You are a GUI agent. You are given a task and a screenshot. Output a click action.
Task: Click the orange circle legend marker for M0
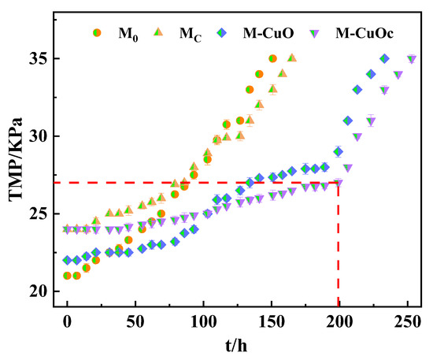coord(98,32)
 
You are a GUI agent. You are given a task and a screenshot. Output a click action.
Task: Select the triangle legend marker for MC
coord(157,32)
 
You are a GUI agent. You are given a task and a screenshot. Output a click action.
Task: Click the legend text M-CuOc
coord(365,33)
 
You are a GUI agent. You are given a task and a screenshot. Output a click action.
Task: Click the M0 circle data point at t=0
coord(67,276)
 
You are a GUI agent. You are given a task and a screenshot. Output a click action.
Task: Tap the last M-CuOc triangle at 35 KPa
coord(411,59)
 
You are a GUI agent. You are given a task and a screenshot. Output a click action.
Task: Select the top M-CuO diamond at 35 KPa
coord(384,59)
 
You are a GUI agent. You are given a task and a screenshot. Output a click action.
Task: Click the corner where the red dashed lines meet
coord(339,183)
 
